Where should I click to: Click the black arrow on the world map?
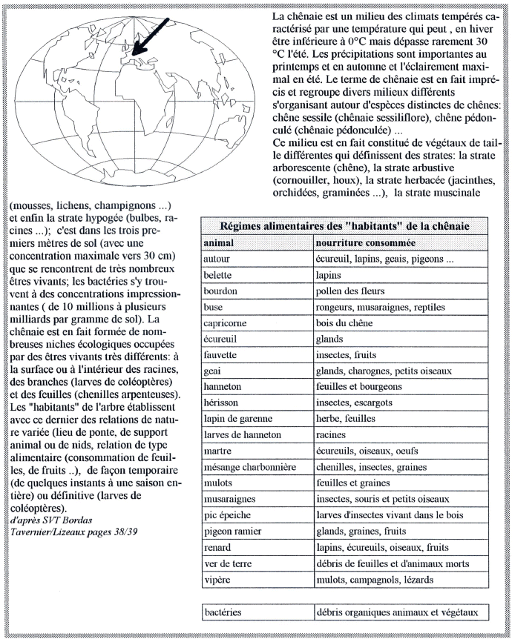pyautogui.click(x=150, y=36)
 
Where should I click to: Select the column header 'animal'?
pyautogui.click(x=219, y=243)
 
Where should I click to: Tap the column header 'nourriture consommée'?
pyautogui.click(x=366, y=243)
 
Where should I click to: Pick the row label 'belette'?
pyautogui.click(x=217, y=275)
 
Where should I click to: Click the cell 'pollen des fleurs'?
pyautogui.click(x=350, y=291)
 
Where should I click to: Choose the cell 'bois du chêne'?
pyautogui.click(x=344, y=323)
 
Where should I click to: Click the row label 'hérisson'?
pyautogui.click(x=221, y=403)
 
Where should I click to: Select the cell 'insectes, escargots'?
pyautogui.click(x=354, y=403)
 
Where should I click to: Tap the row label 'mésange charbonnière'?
pyautogui.click(x=250, y=467)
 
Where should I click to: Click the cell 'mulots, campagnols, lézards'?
pyautogui.click(x=375, y=580)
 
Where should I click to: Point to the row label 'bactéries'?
pyautogui.click(x=223, y=612)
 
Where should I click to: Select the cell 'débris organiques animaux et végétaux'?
pyautogui.click(x=397, y=612)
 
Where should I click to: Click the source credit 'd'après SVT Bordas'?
pyautogui.click(x=51, y=520)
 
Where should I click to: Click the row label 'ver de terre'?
pyautogui.click(x=228, y=563)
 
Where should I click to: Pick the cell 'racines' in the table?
pyautogui.click(x=331, y=435)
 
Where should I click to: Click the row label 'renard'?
pyautogui.click(x=217, y=547)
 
